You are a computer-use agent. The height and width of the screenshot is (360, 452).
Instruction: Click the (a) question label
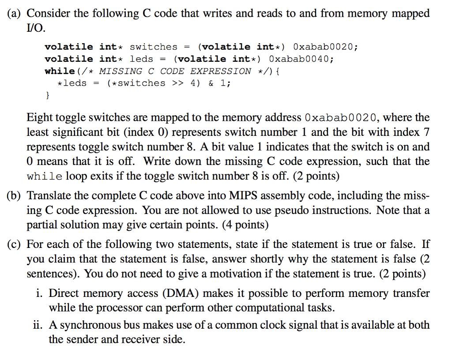pyautogui.click(x=14, y=14)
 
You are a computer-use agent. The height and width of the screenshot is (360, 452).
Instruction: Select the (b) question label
pyautogui.click(x=14, y=195)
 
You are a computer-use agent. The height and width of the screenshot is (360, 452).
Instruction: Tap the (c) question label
pyautogui.click(x=14, y=244)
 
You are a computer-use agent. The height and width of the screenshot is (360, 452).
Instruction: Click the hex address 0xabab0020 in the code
pyautogui.click(x=325, y=47)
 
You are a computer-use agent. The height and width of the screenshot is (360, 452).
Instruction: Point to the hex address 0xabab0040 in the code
pyautogui.click(x=301, y=59)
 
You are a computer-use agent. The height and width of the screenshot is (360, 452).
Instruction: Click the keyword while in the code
pyautogui.click(x=60, y=71)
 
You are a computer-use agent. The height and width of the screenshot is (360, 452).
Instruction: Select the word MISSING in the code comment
pyautogui.click(x=121, y=71)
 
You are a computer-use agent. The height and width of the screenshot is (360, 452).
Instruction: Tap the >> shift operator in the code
pyautogui.click(x=178, y=83)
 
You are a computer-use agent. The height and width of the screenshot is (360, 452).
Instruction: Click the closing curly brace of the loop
pyautogui.click(x=48, y=95)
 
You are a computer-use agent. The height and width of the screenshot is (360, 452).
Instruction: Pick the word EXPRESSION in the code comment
pyautogui.click(x=221, y=71)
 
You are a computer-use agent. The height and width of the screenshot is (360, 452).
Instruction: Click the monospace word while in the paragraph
pyautogui.click(x=45, y=176)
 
